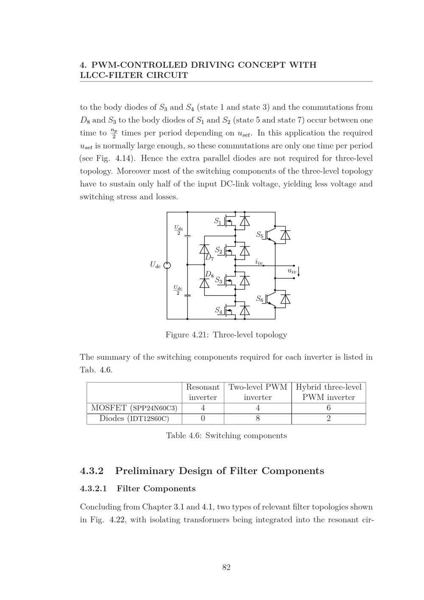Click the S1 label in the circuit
(x=217, y=221)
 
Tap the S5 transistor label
(x=259, y=234)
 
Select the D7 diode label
(x=209, y=257)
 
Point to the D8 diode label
(x=209, y=275)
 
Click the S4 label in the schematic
(x=218, y=310)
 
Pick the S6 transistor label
(x=259, y=299)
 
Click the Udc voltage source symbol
(x=167, y=265)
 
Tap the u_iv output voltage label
(x=292, y=271)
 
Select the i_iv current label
(x=259, y=262)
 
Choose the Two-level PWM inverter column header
(x=258, y=392)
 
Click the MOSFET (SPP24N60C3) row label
(x=134, y=408)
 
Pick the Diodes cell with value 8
(x=258, y=419)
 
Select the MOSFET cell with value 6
(x=329, y=408)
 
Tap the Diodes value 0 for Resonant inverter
(x=203, y=419)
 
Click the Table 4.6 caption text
(x=226, y=435)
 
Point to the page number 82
(x=226, y=567)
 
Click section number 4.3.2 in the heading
(x=92, y=471)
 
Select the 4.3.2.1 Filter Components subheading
(x=138, y=488)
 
